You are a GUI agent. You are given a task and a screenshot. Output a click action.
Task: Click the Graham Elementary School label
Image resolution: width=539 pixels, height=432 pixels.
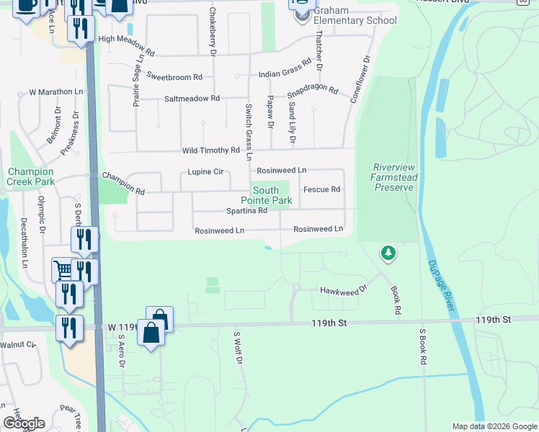coord(351,20)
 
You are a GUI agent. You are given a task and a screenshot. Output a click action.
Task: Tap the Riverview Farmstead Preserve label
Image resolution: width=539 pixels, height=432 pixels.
coord(393,177)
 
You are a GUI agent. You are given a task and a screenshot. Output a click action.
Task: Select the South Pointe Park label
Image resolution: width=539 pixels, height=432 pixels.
coord(267,195)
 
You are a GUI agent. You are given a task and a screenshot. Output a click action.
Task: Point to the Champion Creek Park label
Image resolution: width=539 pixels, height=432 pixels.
coord(30,177)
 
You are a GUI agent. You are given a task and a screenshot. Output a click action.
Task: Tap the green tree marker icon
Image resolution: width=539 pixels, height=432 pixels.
coord(388,253)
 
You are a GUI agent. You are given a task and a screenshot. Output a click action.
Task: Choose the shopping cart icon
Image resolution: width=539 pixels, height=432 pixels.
coord(63,269)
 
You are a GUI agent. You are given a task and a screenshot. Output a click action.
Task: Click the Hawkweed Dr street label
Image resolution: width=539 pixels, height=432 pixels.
coord(343,289)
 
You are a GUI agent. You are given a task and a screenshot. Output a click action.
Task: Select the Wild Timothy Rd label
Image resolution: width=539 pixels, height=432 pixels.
coord(210,150)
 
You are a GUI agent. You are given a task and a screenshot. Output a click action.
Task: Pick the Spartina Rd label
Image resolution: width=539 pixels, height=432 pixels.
coord(247,211)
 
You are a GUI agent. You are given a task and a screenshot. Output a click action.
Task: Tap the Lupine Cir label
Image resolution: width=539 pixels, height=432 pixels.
coord(205,172)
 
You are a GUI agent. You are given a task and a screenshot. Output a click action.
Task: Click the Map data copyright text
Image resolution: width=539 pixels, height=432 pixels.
coord(494,426)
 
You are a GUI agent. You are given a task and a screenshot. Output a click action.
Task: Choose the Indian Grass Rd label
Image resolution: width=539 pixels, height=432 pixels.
coord(285,69)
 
